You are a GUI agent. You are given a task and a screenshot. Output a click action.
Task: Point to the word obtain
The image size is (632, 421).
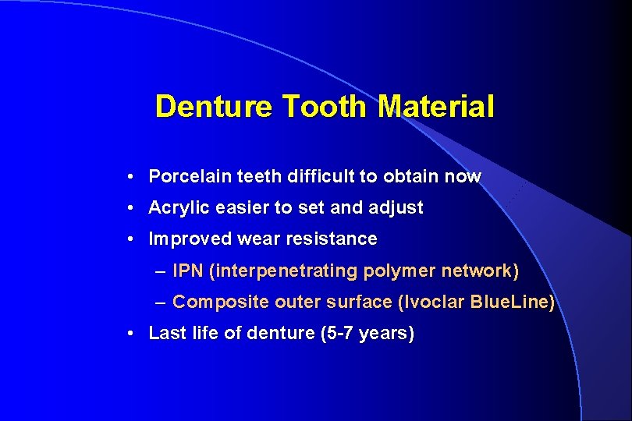410,176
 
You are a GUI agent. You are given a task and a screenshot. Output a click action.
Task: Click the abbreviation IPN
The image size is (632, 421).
186,271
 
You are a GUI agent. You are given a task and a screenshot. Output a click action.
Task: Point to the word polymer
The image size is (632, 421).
399,271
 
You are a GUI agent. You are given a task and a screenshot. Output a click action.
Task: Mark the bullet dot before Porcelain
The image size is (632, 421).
134,177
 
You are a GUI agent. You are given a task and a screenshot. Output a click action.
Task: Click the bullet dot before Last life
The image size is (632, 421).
134,334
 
